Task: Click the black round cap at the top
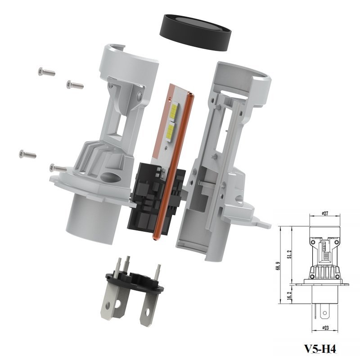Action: click(x=195, y=32)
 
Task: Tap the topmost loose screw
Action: click(x=47, y=72)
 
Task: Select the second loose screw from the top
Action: click(x=75, y=85)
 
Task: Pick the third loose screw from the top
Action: click(x=28, y=154)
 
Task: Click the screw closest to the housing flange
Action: click(x=58, y=168)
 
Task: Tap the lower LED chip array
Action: click(x=171, y=131)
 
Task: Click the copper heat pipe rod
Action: click(x=173, y=166)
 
